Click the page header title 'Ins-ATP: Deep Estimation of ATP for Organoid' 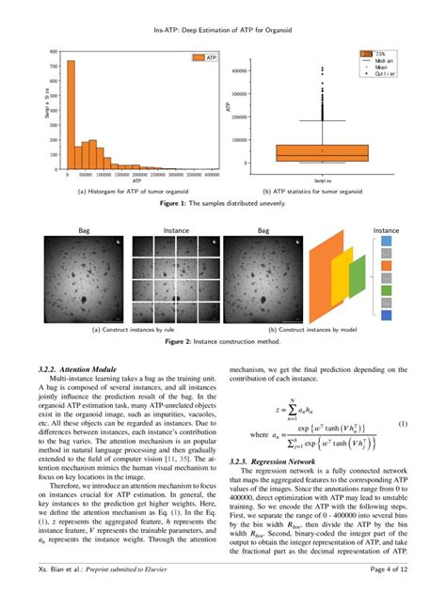(223, 29)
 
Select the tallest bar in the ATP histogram (70, 114)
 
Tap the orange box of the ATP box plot (322, 152)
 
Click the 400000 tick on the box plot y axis (236, 70)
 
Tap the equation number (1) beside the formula (403, 425)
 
